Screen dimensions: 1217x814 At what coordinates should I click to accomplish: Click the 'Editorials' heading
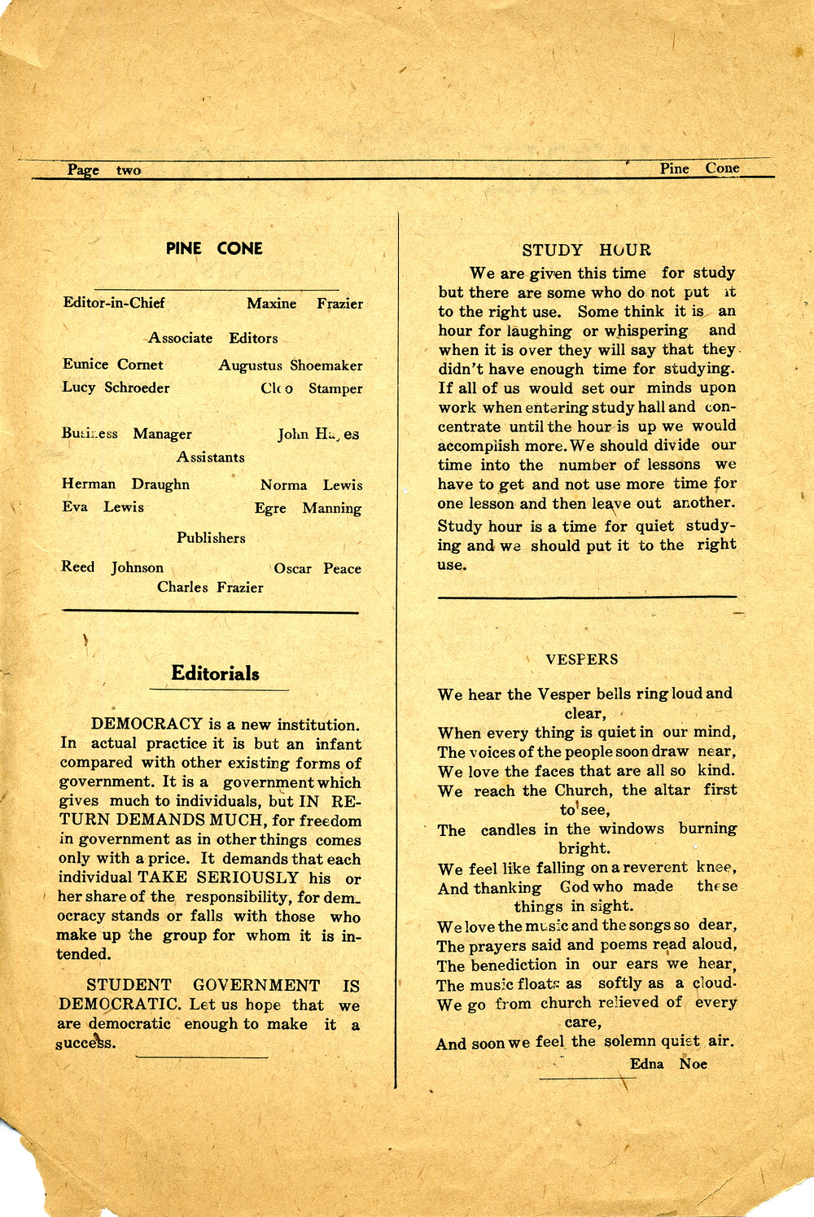click(x=215, y=673)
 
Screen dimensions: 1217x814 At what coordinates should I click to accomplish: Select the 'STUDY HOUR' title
click(x=586, y=250)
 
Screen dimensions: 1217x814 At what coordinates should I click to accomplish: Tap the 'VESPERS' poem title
click(x=582, y=659)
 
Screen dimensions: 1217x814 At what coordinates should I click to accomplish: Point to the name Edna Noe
click(x=668, y=1063)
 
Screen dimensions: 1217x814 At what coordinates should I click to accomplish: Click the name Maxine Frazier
click(x=304, y=304)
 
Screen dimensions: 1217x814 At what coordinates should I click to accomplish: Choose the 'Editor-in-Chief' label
click(x=114, y=303)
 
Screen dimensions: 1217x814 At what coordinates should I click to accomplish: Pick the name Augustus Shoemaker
click(x=290, y=366)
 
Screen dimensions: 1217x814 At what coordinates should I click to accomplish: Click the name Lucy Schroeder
click(x=116, y=387)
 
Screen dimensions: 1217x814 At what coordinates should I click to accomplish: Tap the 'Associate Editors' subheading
click(x=212, y=338)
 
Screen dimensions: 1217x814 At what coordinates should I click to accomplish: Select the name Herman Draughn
click(x=125, y=484)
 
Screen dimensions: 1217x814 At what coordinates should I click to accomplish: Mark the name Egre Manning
click(x=308, y=508)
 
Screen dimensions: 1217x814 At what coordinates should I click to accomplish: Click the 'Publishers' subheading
click(x=211, y=538)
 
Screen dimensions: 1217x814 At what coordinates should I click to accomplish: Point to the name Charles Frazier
click(x=210, y=587)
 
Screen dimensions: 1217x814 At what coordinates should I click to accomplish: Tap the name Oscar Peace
click(x=317, y=568)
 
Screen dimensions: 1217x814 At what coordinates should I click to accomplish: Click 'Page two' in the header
click(x=104, y=170)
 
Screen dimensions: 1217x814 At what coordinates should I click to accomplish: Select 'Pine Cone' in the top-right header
click(x=699, y=169)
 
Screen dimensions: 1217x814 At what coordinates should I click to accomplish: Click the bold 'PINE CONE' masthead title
click(x=214, y=248)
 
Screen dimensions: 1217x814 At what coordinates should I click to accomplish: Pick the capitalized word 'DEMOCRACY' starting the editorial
click(x=147, y=724)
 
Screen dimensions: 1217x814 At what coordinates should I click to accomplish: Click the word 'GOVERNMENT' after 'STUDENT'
click(x=256, y=986)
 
